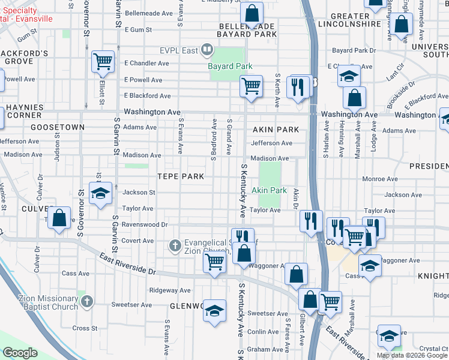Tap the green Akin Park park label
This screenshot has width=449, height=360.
[x=269, y=190]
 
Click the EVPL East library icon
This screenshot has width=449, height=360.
[x=207, y=49]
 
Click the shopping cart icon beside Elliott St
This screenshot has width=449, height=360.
[x=103, y=61]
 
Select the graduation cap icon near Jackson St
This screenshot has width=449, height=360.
[x=100, y=193]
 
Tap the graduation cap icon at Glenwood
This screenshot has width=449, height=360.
[x=214, y=311]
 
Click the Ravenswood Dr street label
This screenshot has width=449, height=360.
[x=144, y=224]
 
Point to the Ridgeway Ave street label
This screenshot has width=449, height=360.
[x=170, y=290]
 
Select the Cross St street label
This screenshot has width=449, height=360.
[x=85, y=328]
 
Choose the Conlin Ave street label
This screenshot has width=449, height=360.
[x=263, y=331]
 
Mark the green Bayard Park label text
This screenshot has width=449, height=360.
[x=229, y=66]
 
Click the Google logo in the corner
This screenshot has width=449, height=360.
[x=20, y=353]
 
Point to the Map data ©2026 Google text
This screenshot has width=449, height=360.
[x=412, y=355]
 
